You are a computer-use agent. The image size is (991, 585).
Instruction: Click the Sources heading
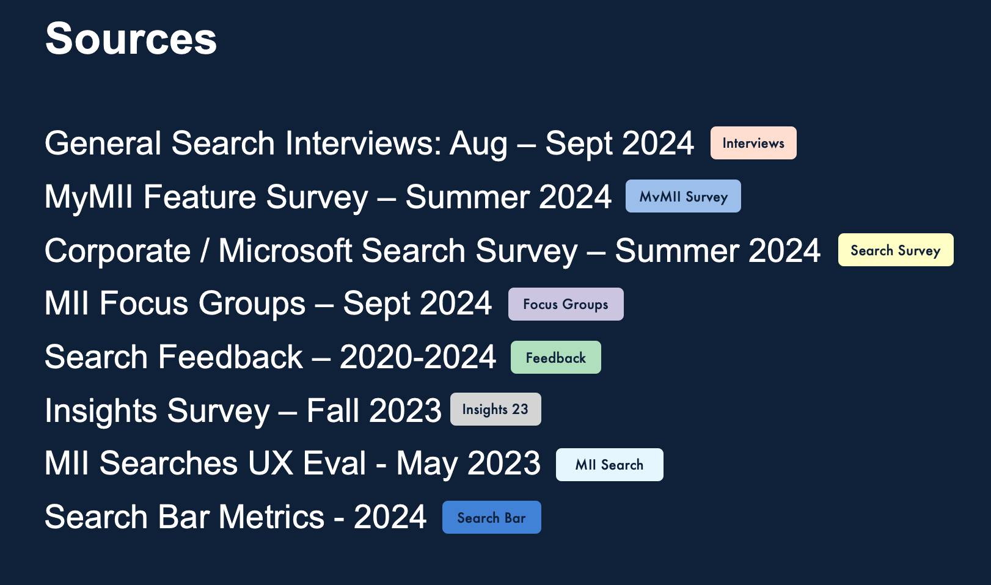[x=131, y=39]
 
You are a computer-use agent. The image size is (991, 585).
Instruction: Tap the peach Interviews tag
[x=753, y=143]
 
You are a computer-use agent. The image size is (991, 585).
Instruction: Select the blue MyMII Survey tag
[x=682, y=197]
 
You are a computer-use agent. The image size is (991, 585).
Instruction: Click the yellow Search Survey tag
[x=895, y=250]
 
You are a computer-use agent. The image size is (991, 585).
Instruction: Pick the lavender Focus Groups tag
[x=565, y=304]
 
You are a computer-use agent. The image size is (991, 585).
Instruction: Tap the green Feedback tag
[x=555, y=358]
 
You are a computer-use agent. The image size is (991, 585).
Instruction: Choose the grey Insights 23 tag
[x=495, y=410]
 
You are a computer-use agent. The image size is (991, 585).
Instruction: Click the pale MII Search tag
[x=609, y=465]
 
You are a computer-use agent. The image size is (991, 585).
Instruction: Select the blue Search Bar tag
[x=491, y=518]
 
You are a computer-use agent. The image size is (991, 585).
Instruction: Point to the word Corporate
[x=118, y=251]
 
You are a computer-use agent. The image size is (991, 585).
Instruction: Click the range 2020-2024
[x=417, y=357]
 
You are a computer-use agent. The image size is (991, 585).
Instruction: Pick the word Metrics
[x=271, y=517]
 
